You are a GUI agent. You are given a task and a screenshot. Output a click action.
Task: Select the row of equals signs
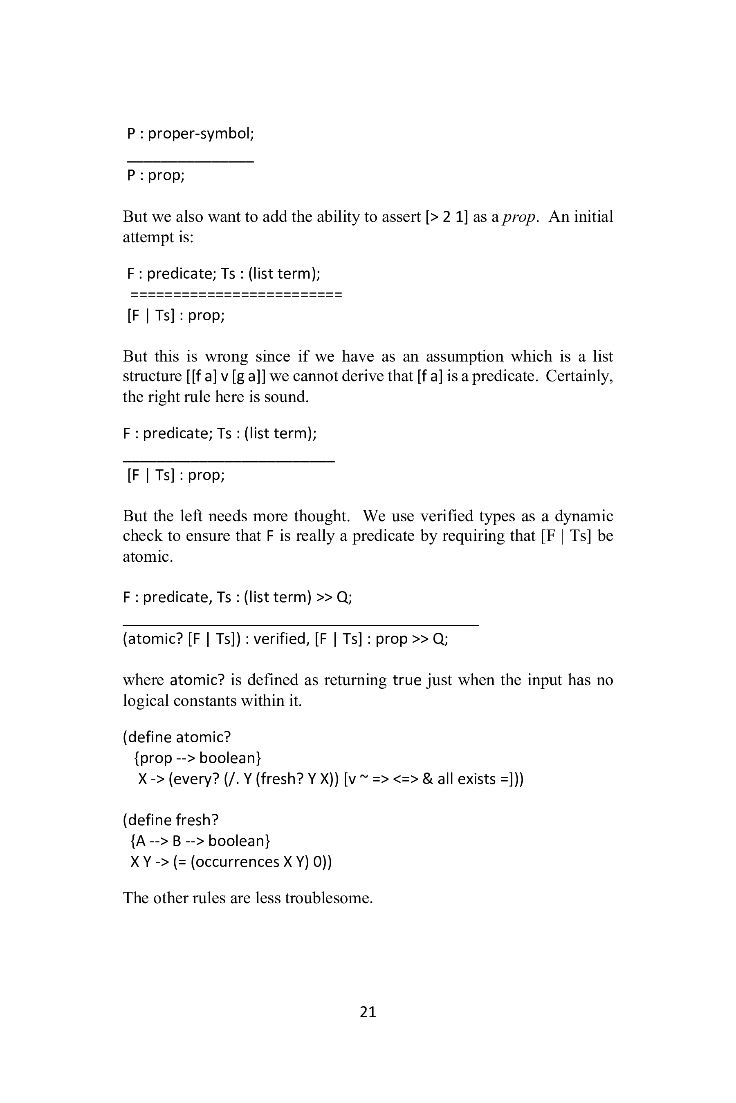click(236, 295)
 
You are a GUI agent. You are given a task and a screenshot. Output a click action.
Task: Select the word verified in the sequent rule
click(280, 639)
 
